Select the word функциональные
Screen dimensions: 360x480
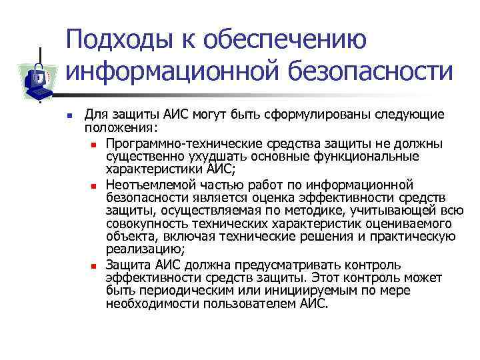click(371, 157)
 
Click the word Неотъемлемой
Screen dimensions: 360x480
click(144, 185)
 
